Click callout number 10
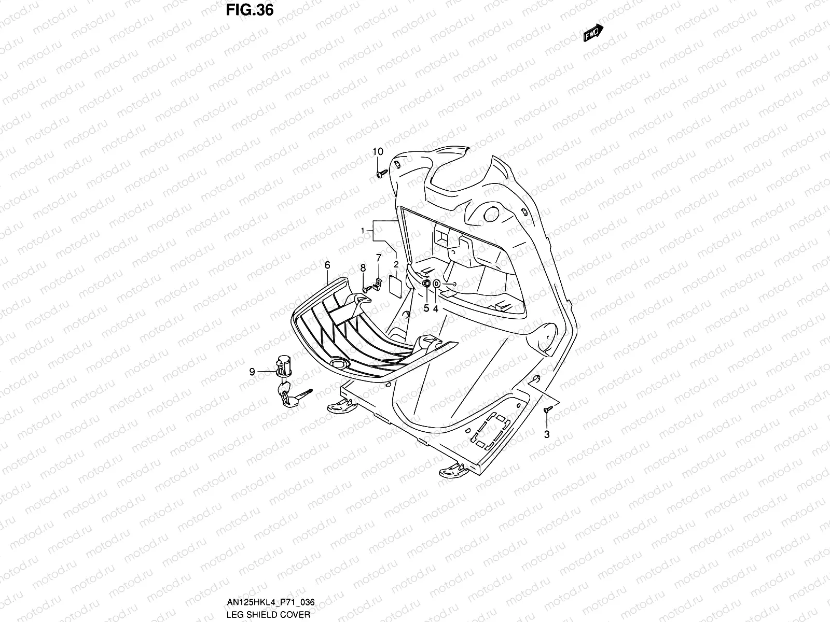(378, 151)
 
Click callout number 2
(396, 264)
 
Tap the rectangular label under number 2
(396, 286)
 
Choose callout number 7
(379, 258)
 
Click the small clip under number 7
(378, 284)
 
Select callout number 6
(327, 265)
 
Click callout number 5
(426, 308)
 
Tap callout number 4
(436, 308)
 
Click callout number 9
(252, 371)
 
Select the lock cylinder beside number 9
(284, 364)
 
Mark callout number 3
(547, 434)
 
